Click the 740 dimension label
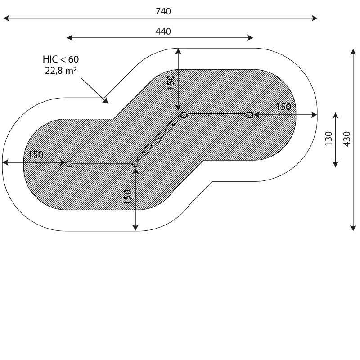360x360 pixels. [163, 11]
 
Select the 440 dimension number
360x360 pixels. [163, 31]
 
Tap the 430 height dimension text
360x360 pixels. [347, 139]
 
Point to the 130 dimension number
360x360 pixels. [328, 138]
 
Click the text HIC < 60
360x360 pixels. [61, 59]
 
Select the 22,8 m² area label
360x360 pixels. [61, 71]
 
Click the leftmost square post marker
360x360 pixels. [69, 164]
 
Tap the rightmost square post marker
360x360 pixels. [250, 115]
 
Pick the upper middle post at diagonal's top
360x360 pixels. [184, 115]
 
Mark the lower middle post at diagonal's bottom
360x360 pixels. [135, 164]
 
